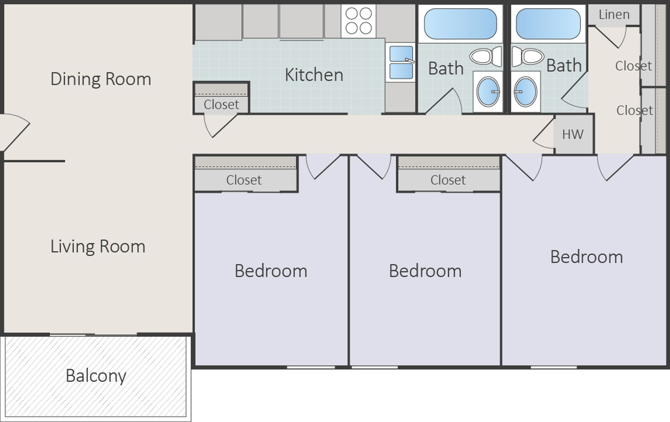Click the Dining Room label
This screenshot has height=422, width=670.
point(100,79)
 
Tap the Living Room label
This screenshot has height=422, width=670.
point(98,246)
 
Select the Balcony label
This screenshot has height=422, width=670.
point(96,376)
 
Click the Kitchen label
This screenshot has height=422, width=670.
point(314,75)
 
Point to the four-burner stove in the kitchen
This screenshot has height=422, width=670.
point(358,21)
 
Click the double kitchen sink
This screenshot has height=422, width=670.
point(401,62)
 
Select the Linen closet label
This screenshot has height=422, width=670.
point(614,15)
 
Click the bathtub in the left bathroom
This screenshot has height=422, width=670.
point(460,24)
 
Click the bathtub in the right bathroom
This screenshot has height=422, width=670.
point(548,24)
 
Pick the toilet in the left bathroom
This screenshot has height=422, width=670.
point(485,57)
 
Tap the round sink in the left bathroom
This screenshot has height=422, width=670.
point(488,92)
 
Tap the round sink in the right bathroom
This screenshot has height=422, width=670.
point(526,92)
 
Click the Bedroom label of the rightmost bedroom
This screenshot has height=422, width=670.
point(587,257)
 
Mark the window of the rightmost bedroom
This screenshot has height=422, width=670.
point(553,367)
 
